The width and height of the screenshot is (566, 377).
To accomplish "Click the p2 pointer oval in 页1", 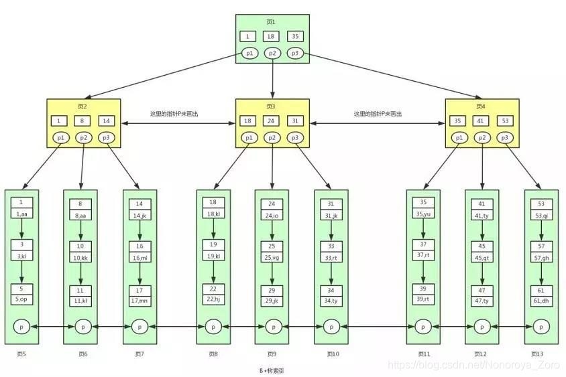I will coord(272,53).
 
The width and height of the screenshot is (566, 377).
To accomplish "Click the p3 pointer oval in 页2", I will coord(105,138).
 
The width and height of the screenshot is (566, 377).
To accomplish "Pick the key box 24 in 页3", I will coord(272,121).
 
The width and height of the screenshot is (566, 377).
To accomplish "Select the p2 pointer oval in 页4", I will coord(482,138).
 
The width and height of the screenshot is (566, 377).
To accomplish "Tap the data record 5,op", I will coord(21,300).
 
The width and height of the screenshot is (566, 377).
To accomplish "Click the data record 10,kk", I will coord(80,258).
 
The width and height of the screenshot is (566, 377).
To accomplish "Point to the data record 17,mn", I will coord(139,300).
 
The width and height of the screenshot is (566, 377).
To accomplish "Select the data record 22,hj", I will coord(213,300).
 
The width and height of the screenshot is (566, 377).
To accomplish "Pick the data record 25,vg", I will coord(272,258).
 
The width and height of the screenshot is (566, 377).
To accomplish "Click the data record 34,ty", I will coord(331,300).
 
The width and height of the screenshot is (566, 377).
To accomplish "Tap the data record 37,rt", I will coord(423,258).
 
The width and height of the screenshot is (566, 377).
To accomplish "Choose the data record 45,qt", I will coord(482,258).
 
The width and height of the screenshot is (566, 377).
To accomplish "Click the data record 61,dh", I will coord(541,300).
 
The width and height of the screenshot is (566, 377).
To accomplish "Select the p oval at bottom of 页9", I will coord(272,327).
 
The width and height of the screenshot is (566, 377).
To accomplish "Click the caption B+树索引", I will coord(272,370).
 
